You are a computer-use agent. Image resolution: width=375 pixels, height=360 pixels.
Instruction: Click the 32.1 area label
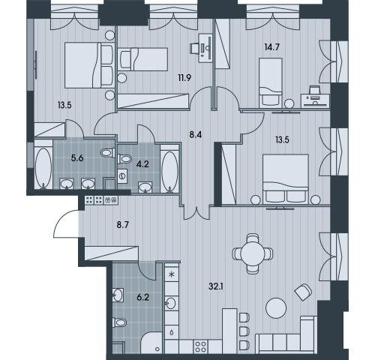(x=216, y=286)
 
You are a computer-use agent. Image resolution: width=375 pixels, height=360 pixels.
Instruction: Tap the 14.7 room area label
(x=271, y=47)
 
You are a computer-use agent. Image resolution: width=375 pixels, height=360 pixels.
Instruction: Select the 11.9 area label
(x=184, y=78)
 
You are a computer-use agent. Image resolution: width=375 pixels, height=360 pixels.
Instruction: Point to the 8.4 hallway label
(x=196, y=135)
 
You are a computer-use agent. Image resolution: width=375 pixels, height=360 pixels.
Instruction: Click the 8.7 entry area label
(x=123, y=225)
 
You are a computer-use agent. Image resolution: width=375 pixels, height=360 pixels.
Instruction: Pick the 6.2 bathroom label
(x=142, y=298)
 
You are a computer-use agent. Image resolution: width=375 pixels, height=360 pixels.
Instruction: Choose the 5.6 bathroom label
(x=77, y=158)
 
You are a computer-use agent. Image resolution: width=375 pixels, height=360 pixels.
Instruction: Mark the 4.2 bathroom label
(x=142, y=164)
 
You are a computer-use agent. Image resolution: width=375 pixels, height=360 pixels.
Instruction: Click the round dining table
(x=253, y=253)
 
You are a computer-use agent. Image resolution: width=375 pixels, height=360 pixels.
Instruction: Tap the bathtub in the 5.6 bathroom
(x=43, y=167)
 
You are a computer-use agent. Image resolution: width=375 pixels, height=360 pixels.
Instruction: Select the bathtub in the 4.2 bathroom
(x=170, y=171)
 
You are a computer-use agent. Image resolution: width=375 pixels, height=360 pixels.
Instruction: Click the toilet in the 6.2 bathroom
(x=119, y=322)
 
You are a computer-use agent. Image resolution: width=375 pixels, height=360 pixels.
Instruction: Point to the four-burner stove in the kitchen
(x=200, y=346)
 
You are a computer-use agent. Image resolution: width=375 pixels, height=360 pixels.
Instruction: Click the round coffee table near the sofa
(x=276, y=308)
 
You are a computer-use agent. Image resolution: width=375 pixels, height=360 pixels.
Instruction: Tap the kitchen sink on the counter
(x=170, y=304)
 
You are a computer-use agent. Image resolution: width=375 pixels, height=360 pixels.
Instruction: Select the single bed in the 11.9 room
(x=142, y=59)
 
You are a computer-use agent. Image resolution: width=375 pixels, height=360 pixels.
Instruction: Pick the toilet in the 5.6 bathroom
(x=108, y=152)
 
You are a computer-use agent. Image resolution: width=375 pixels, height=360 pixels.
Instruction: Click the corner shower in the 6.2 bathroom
(x=151, y=343)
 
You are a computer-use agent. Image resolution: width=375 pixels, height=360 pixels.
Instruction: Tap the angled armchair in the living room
(x=304, y=292)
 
